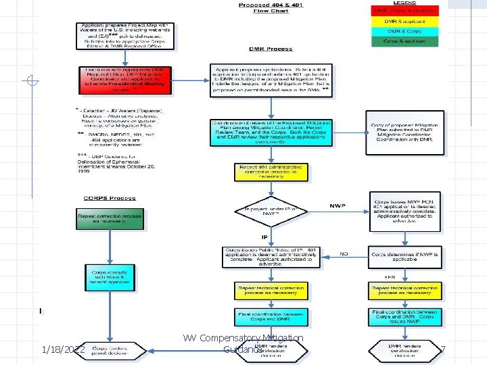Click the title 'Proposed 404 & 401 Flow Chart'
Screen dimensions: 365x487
click(271, 8)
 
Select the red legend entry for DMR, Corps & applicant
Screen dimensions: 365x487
click(404, 11)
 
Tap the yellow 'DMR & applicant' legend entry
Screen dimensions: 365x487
click(404, 21)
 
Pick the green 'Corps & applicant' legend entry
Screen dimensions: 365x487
click(404, 41)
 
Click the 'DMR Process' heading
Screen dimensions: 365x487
click(271, 49)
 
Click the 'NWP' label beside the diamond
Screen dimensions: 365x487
click(338, 206)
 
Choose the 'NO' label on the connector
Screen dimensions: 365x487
click(344, 254)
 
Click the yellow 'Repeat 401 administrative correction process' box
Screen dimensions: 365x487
click(271, 173)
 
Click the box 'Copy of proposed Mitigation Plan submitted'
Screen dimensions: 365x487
click(405, 127)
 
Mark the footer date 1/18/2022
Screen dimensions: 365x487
click(62, 349)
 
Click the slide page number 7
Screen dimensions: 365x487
click(442, 350)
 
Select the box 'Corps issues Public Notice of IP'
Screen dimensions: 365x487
click(271, 258)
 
